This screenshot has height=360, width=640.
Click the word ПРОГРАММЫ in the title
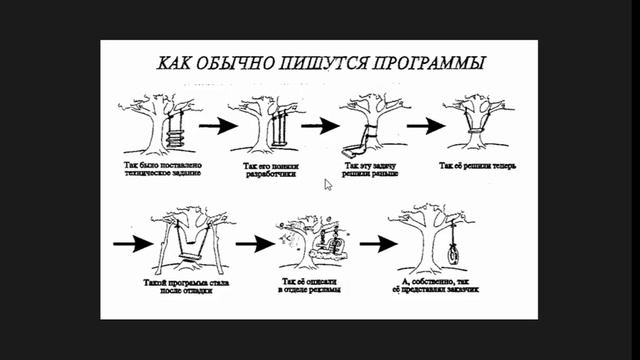(x=431, y=63)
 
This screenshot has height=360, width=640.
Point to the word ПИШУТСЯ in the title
(x=324, y=63)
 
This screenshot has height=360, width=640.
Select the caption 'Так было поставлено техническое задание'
(x=162, y=167)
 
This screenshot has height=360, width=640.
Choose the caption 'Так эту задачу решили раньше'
(x=373, y=167)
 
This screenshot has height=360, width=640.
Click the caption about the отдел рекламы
(x=311, y=286)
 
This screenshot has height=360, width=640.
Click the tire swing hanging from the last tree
(x=452, y=251)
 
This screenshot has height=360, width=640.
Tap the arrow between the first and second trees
(x=217, y=126)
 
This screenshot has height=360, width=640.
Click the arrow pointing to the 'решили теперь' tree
(x=424, y=126)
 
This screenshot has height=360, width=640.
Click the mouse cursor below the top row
(x=328, y=184)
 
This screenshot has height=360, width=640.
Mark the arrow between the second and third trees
(x=319, y=126)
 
